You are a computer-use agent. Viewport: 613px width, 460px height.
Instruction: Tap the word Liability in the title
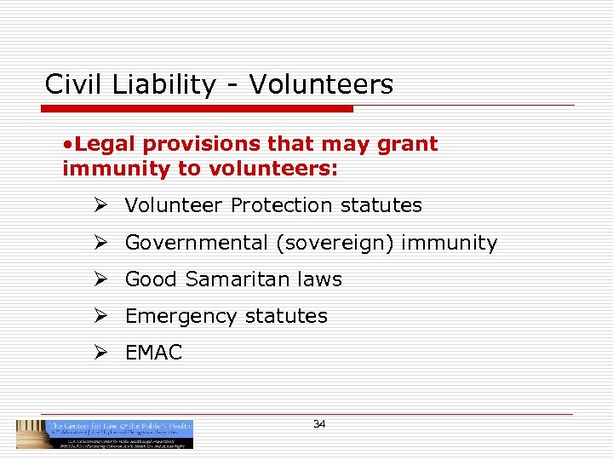(x=154, y=85)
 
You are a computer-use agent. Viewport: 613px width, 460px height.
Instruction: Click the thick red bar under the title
(x=197, y=109)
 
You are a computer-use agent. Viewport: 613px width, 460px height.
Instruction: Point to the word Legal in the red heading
(x=104, y=144)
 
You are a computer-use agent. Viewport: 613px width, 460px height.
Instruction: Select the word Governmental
(x=196, y=243)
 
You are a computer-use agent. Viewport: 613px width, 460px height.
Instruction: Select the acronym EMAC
(x=153, y=353)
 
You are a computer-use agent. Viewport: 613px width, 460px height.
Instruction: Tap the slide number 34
(x=319, y=424)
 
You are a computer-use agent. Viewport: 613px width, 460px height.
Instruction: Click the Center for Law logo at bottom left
(x=105, y=434)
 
